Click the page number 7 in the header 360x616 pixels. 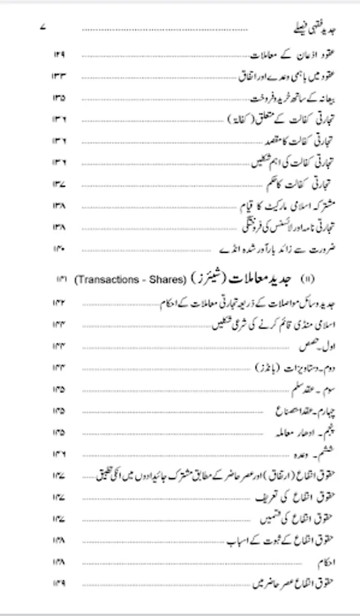[x=43, y=28]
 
